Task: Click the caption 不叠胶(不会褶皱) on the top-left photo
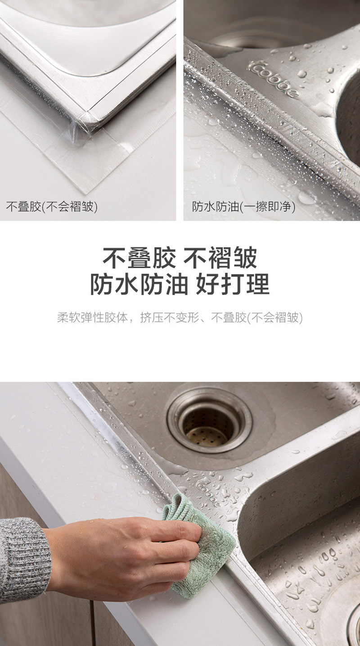pos(52,207)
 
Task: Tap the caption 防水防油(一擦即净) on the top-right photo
pos(243,207)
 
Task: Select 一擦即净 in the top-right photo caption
pos(268,207)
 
